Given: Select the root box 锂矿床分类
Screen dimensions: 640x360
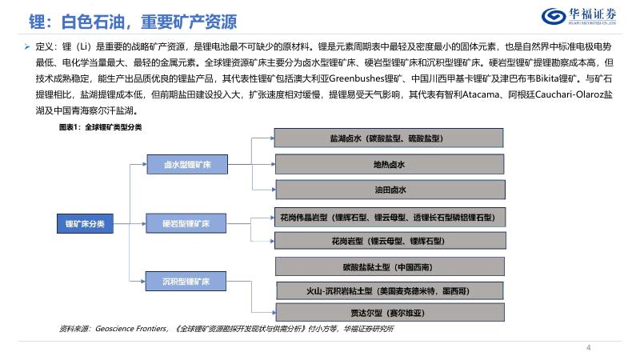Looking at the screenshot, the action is (84, 223).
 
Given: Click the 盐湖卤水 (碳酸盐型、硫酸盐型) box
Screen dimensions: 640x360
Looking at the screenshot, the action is (390, 139).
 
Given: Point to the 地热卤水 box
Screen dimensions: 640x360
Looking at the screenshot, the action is (390, 165).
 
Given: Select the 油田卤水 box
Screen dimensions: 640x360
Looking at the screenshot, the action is (390, 190).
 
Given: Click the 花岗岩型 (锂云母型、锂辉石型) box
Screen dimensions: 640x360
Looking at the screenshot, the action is (390, 241).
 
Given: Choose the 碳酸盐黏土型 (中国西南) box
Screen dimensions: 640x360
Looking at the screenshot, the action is (390, 266).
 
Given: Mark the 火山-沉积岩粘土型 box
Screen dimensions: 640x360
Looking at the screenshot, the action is (390, 290).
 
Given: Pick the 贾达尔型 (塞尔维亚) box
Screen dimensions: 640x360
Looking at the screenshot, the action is (390, 314).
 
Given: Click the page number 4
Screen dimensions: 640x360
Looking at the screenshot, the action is (589, 347).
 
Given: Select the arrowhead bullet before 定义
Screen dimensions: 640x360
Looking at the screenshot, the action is (26, 48).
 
